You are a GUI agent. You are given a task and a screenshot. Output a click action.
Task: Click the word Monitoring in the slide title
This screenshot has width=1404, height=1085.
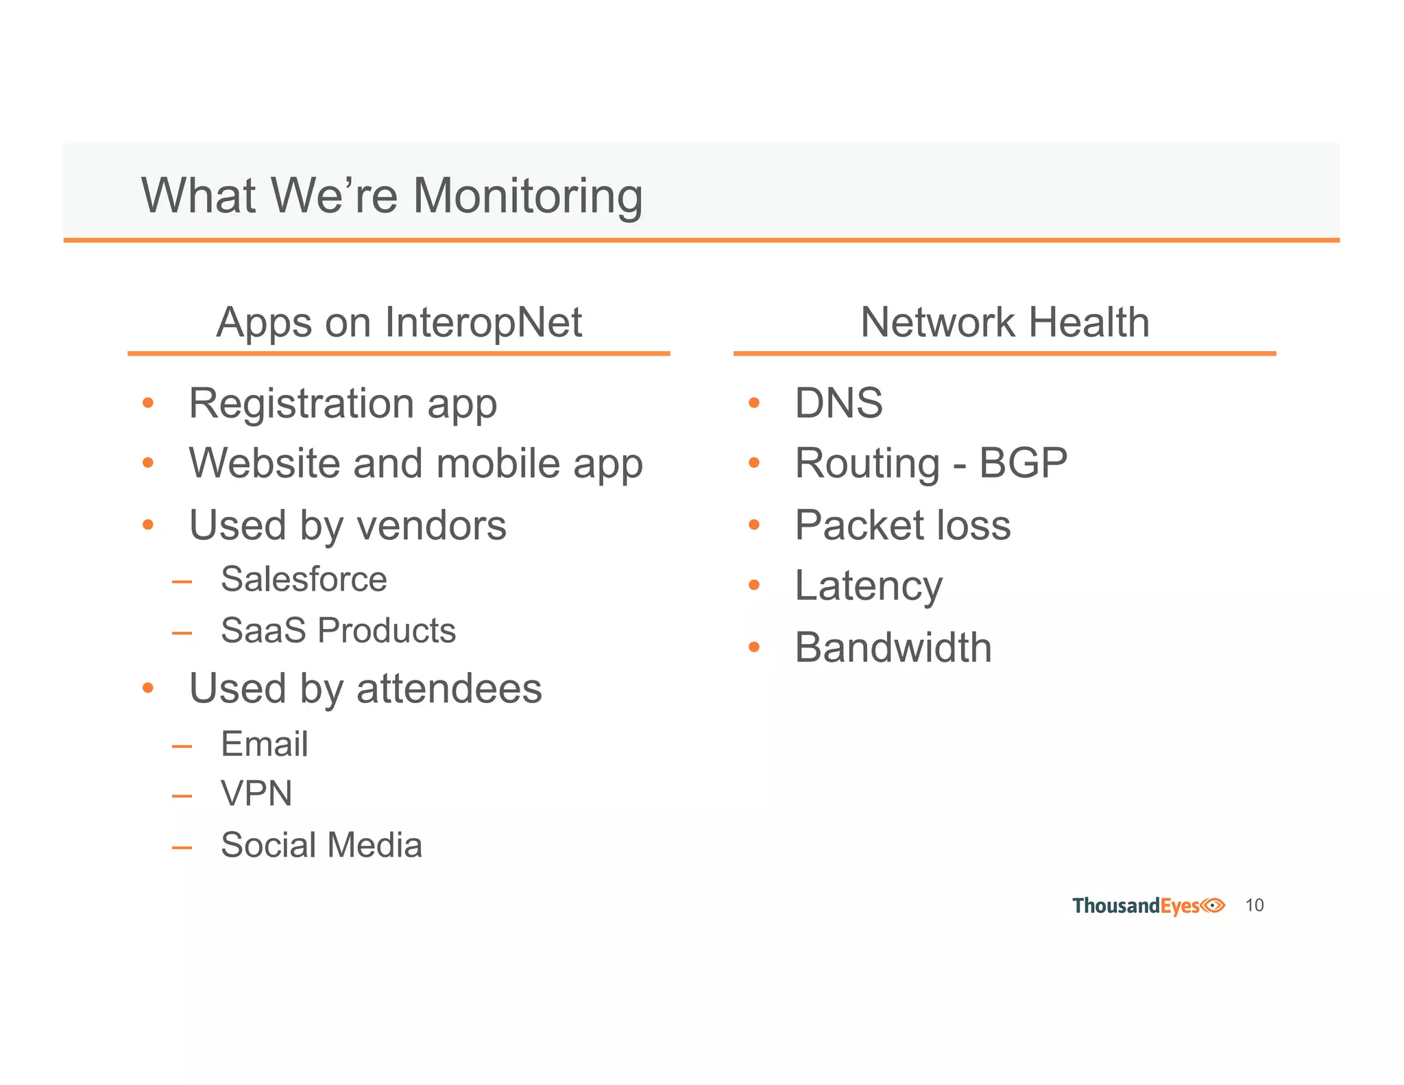pyautogui.click(x=528, y=198)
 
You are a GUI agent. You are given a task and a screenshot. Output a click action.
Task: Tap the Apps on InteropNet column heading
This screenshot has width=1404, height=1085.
pyautogui.click(x=399, y=322)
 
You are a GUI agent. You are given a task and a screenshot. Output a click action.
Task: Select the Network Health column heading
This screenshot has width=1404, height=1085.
pyautogui.click(x=1004, y=322)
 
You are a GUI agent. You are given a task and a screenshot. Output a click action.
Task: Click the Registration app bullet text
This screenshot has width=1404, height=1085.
pyautogui.click(x=343, y=404)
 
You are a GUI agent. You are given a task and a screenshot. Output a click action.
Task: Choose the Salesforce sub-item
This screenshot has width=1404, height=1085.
pyautogui.click(x=304, y=580)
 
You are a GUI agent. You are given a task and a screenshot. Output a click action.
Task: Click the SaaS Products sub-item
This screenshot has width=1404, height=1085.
pyautogui.click(x=338, y=630)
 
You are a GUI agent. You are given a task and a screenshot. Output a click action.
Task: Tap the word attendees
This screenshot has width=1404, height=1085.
pyautogui.click(x=449, y=689)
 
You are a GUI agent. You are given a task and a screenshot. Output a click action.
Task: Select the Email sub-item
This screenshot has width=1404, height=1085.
pyautogui.click(x=264, y=744)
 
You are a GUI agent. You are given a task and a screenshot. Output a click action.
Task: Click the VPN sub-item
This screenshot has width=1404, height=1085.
pyautogui.click(x=256, y=794)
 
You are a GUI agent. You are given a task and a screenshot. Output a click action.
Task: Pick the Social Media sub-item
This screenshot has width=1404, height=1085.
pyautogui.click(x=321, y=845)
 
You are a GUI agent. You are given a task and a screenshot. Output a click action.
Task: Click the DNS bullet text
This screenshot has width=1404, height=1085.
pyautogui.click(x=838, y=403)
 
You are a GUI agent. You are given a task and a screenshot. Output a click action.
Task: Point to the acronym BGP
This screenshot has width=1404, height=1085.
pyautogui.click(x=1023, y=463)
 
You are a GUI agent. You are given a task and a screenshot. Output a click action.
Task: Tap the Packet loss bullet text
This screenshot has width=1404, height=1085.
pyautogui.click(x=902, y=525)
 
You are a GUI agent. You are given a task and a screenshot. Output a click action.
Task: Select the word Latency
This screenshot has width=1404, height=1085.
pyautogui.click(x=869, y=586)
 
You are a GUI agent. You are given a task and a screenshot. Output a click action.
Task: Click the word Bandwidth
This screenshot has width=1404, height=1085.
pyautogui.click(x=893, y=647)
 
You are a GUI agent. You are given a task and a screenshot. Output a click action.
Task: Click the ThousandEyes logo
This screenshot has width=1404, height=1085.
pyautogui.click(x=1148, y=906)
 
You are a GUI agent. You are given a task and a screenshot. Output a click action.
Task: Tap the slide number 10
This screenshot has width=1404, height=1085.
pyautogui.click(x=1254, y=905)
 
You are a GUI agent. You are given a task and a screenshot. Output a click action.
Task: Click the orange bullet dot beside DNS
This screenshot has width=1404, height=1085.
pyautogui.click(x=754, y=403)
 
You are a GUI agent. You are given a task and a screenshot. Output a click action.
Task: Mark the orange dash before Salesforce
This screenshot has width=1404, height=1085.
pyautogui.click(x=182, y=582)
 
